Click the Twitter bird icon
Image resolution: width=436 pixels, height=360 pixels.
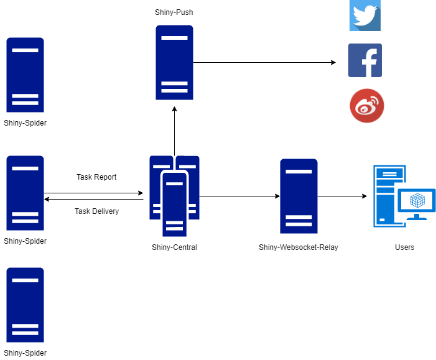(x=364, y=15)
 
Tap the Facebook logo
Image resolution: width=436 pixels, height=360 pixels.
(x=364, y=60)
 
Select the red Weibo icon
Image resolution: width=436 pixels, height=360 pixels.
(x=366, y=106)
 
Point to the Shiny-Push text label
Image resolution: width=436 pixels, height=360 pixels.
(x=174, y=12)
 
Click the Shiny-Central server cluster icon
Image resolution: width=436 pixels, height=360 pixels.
(x=174, y=195)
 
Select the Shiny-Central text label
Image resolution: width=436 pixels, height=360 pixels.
(x=174, y=247)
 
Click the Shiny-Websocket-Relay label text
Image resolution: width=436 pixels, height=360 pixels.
(x=299, y=247)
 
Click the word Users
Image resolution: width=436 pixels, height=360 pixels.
(x=404, y=247)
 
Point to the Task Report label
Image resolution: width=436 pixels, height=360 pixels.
(x=96, y=177)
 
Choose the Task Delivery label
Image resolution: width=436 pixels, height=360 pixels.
(x=96, y=211)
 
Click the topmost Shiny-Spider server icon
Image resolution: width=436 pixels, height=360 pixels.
(x=25, y=75)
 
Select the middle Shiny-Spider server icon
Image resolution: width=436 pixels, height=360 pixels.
(x=25, y=193)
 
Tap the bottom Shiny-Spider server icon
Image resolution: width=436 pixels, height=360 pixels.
(x=25, y=305)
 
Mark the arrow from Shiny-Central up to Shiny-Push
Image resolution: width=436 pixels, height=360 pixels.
(x=175, y=131)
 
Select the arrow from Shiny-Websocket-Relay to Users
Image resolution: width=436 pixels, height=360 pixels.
(x=342, y=196)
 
